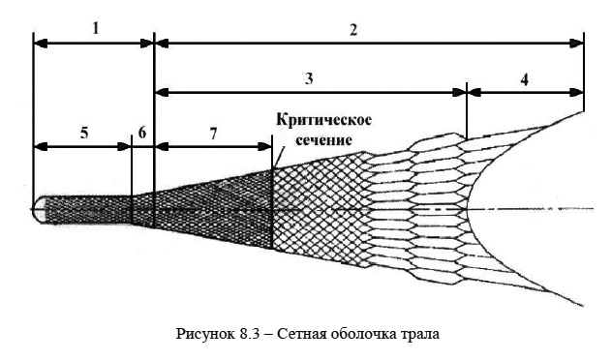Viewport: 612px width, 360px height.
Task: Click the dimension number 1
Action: click(95, 29)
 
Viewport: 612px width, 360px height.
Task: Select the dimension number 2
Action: click(354, 29)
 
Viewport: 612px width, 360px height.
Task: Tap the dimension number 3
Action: click(308, 79)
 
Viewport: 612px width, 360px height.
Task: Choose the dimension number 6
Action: click(142, 134)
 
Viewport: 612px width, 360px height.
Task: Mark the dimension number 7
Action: click(212, 134)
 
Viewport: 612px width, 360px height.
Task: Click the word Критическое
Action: click(323, 120)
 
